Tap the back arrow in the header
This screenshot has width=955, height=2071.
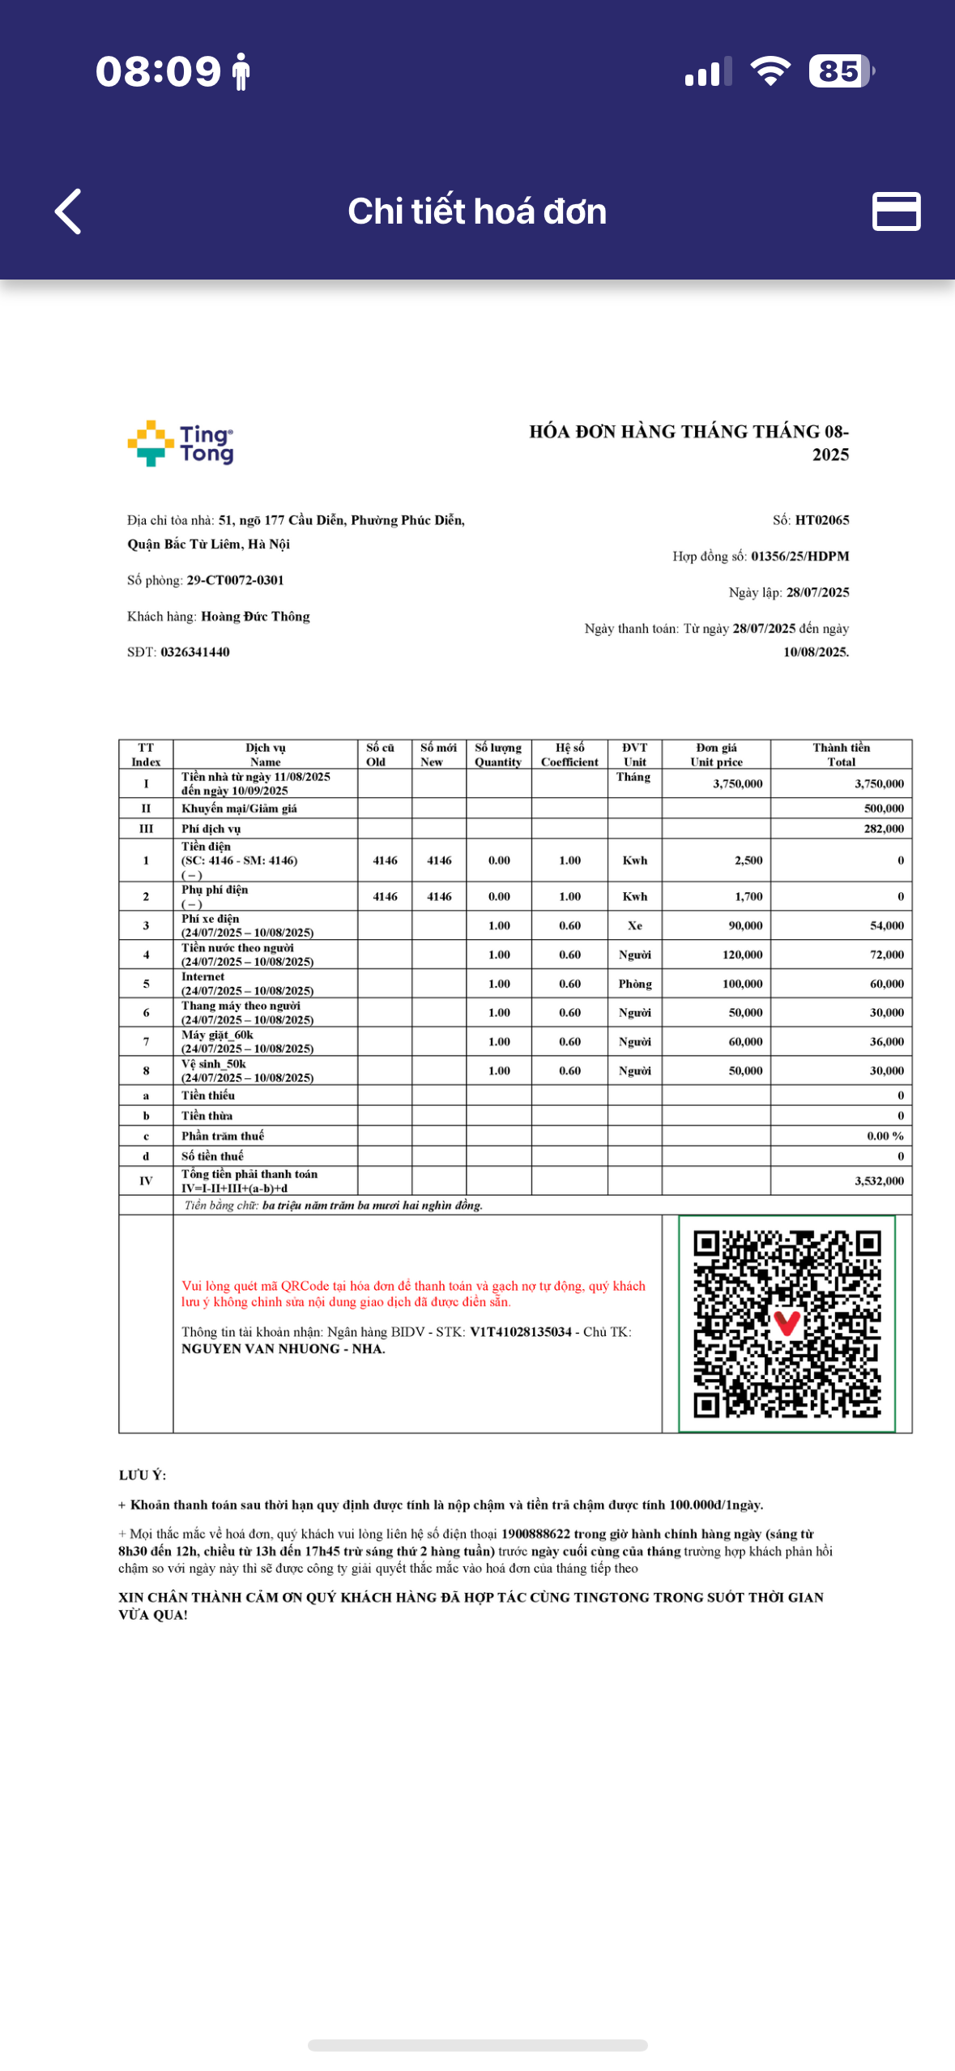(x=69, y=211)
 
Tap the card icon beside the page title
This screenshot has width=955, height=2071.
(x=896, y=211)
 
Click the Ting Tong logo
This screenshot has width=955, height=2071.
(x=181, y=443)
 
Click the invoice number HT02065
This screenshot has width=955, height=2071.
(x=821, y=520)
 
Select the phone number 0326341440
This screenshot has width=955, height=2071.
(x=194, y=652)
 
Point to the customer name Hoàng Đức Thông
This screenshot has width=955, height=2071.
(x=255, y=617)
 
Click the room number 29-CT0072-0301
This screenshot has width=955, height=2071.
(x=235, y=580)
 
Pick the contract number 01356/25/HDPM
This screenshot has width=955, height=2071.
(x=799, y=557)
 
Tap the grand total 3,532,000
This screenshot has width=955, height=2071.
(x=879, y=1181)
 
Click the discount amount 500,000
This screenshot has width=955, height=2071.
(x=884, y=809)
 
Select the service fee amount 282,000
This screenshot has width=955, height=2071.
(x=884, y=829)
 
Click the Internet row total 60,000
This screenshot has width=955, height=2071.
(x=886, y=984)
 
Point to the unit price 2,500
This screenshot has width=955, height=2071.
(x=748, y=860)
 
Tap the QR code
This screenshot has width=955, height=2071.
(x=787, y=1323)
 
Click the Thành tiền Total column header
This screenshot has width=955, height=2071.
(x=841, y=754)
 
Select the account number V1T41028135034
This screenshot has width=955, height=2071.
(x=521, y=1332)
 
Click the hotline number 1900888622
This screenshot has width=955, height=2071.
(x=535, y=1534)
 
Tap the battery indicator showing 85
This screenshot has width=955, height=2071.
(x=841, y=71)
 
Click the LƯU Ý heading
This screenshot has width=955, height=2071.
(x=143, y=1475)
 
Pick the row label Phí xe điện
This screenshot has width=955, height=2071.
(x=211, y=919)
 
